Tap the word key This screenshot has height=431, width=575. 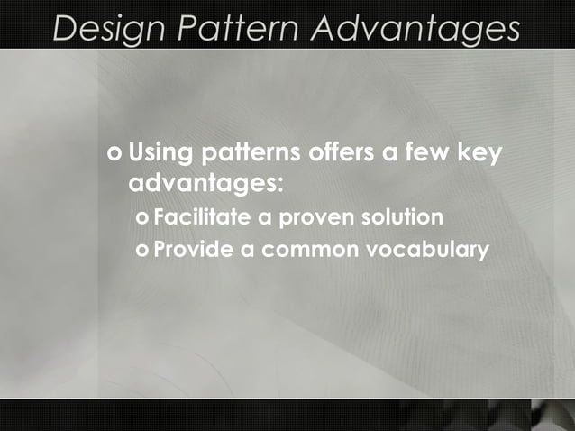click(x=482, y=152)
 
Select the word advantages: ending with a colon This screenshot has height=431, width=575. click(x=206, y=183)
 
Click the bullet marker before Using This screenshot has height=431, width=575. click(x=114, y=153)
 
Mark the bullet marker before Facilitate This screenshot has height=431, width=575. click(x=141, y=218)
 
